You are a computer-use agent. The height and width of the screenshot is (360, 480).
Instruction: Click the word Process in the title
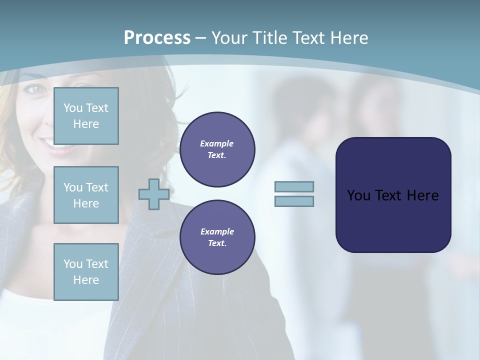[157, 38]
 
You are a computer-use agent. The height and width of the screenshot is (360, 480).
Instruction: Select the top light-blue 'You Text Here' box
[86, 116]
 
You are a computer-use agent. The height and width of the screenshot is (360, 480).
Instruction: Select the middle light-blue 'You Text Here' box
[86, 195]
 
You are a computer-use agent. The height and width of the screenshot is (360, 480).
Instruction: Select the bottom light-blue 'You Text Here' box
[86, 272]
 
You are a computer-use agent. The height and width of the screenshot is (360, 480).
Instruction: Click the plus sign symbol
[153, 194]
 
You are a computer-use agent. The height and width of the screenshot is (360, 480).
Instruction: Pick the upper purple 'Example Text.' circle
[217, 149]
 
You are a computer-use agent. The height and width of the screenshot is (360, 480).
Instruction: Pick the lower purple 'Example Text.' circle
[217, 237]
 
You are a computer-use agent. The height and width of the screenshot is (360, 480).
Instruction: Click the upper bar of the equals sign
[294, 186]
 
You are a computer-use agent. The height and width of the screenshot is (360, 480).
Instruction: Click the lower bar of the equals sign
[294, 201]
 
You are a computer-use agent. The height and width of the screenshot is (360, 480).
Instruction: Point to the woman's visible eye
[35, 89]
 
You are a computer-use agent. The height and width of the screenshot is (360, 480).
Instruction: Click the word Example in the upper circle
[217, 143]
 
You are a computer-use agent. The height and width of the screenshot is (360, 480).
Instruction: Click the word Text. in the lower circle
[217, 243]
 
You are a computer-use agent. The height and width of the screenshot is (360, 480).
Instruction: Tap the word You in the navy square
[358, 195]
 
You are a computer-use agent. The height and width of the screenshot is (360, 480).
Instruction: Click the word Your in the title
[230, 38]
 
